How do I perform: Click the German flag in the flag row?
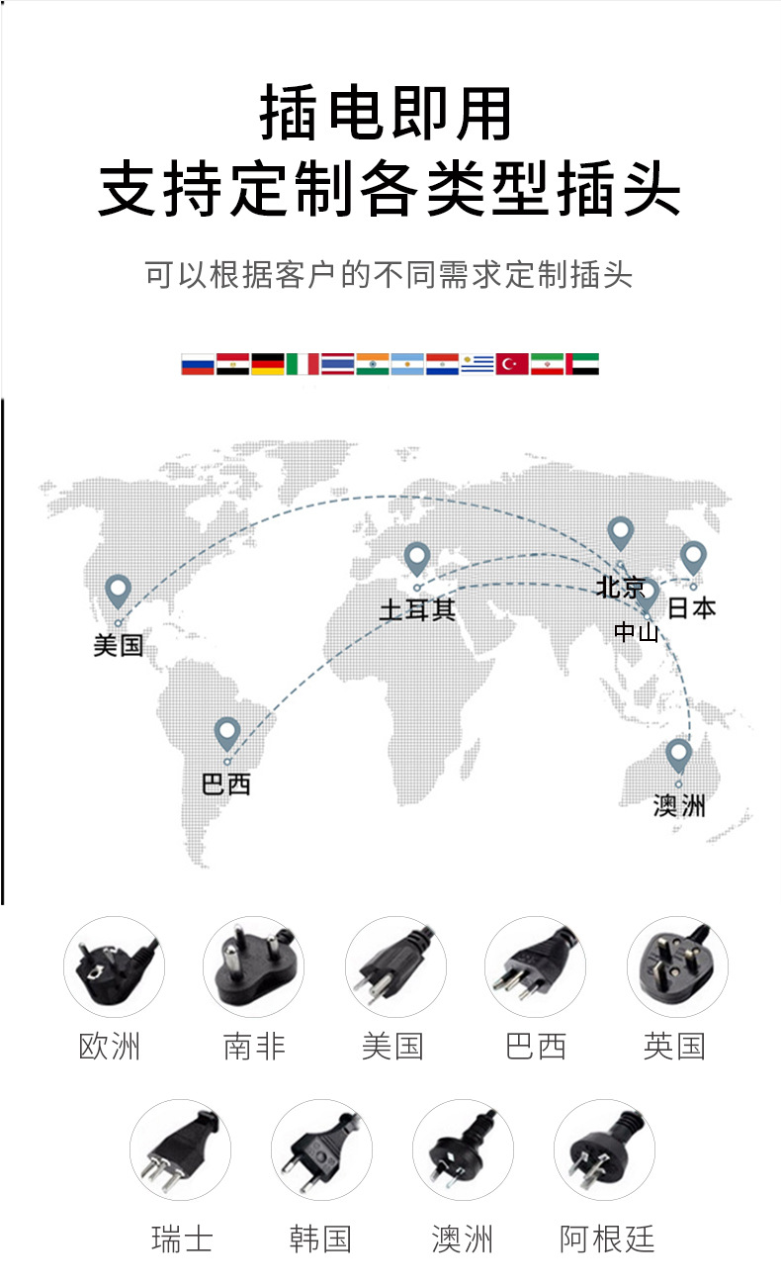point(267,364)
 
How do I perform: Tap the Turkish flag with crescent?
point(512,364)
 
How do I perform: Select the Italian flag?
point(303,364)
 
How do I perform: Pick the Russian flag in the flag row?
point(197,364)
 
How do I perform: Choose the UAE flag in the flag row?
point(582,364)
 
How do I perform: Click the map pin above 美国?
point(119,591)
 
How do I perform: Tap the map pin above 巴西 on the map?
point(227,733)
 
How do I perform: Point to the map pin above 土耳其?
point(416,559)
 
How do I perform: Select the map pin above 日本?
point(693,558)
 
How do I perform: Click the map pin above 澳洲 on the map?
point(677,756)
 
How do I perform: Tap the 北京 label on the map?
point(620,588)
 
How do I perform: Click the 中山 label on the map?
point(636,631)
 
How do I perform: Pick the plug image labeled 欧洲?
point(114,965)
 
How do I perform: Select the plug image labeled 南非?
point(253,965)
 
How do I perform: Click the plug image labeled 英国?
point(677,965)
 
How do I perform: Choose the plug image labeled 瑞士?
point(180,1149)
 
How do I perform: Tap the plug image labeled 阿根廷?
point(604,1149)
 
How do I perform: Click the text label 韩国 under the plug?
point(320,1239)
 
